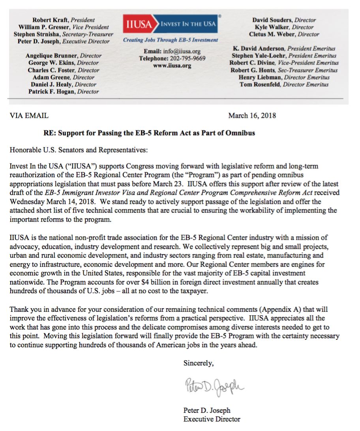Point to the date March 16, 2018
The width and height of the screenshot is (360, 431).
tap(252, 116)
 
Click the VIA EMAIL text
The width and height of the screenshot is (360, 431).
tap(29, 116)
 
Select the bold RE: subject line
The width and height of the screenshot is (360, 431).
tap(149, 133)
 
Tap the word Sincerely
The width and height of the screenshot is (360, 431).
tap(198, 364)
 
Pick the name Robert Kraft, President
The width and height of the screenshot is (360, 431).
tap(64, 20)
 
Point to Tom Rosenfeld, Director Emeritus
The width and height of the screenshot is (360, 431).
tap(284, 84)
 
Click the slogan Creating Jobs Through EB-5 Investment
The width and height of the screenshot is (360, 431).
tap(170, 40)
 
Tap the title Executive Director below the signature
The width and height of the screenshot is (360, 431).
tap(212, 419)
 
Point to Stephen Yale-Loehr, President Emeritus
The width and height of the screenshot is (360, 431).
tap(284, 56)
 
